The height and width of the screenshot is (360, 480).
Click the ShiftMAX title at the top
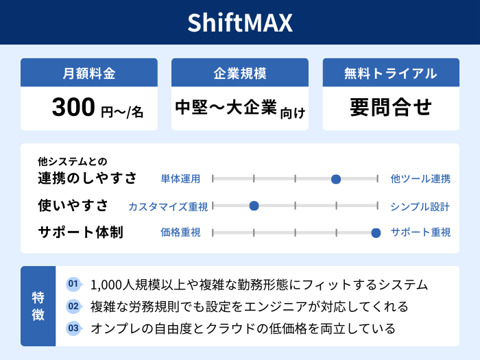click(x=240, y=23)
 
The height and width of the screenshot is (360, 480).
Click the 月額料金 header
click(x=89, y=73)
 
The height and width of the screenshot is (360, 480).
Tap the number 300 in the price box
click(x=73, y=108)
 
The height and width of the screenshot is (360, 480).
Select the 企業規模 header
click(x=240, y=73)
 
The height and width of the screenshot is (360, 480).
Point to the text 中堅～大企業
click(x=226, y=108)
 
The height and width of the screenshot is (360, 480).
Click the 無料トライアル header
click(x=391, y=73)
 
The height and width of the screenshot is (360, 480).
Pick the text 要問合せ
click(x=391, y=108)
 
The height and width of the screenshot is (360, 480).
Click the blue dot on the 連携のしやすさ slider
click(x=336, y=179)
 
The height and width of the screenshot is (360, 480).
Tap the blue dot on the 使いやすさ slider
click(x=254, y=206)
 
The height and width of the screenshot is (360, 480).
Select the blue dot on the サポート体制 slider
click(x=376, y=232)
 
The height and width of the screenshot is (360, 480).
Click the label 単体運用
click(x=180, y=179)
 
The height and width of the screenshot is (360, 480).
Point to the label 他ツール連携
click(x=420, y=179)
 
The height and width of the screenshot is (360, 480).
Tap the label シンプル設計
click(x=420, y=206)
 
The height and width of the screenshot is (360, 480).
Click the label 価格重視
click(x=180, y=232)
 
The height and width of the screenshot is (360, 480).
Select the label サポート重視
click(x=420, y=232)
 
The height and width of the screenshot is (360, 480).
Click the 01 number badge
click(x=73, y=284)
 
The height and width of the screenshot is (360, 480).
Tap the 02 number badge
click(x=73, y=306)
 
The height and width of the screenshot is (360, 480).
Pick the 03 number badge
click(x=73, y=328)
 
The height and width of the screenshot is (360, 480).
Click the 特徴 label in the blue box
click(x=38, y=306)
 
